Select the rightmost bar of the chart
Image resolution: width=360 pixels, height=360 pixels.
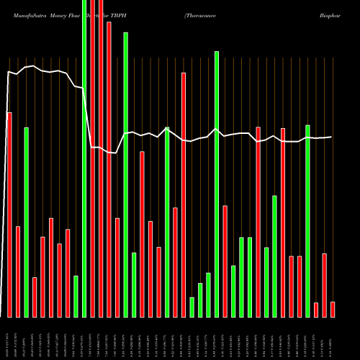click(x=333, y=309)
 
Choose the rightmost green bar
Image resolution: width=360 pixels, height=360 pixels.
click(x=307, y=221)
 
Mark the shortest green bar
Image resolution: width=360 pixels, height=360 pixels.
click(x=192, y=307)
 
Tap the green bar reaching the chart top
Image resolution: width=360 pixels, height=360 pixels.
click(x=84, y=158)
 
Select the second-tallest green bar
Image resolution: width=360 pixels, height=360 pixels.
click(x=126, y=174)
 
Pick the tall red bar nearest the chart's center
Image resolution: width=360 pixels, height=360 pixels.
click(x=184, y=194)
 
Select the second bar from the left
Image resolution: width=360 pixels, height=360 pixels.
click(x=18, y=271)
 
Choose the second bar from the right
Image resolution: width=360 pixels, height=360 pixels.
click(x=324, y=285)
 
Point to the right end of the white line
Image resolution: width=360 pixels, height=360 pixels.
click(x=331, y=137)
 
